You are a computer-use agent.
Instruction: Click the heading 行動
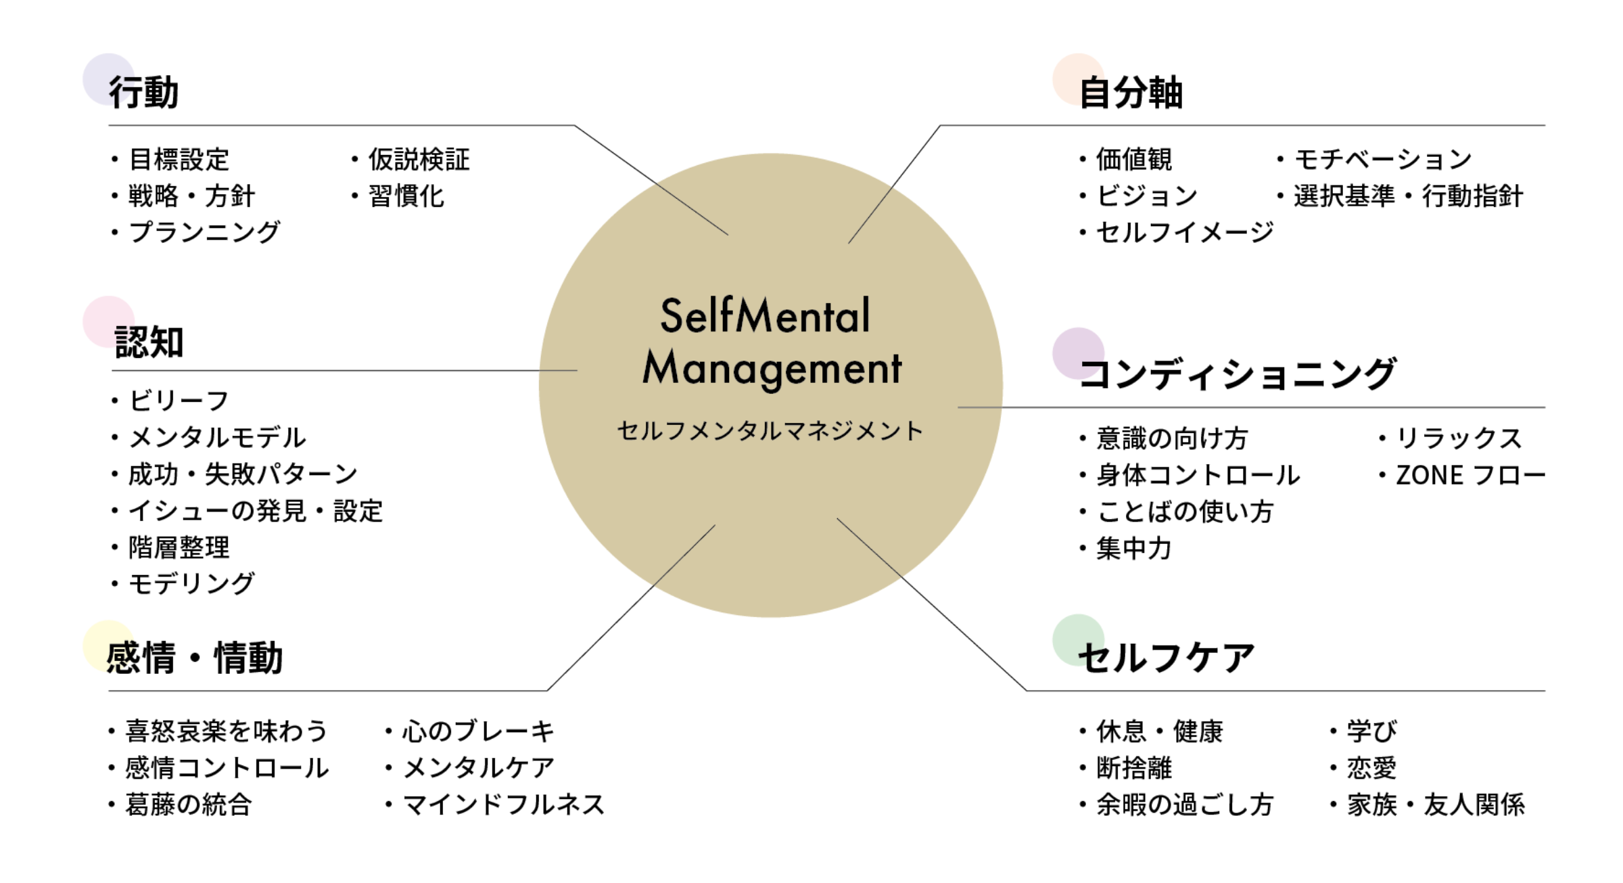(x=144, y=92)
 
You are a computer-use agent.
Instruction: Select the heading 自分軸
(x=1131, y=92)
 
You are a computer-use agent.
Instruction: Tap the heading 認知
(x=149, y=342)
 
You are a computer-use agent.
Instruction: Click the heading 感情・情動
(x=195, y=658)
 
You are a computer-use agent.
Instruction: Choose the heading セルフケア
(x=1167, y=658)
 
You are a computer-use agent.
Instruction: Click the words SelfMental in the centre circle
(x=765, y=316)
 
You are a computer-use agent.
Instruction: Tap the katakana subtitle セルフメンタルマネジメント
(x=770, y=431)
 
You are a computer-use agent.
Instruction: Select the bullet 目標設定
(x=179, y=160)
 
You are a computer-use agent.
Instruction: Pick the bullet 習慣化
(x=406, y=196)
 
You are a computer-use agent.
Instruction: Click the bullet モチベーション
(x=1383, y=160)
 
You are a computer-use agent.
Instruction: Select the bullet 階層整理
(x=179, y=547)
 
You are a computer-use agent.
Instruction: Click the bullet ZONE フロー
(x=1471, y=475)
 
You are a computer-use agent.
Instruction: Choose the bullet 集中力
(x=1134, y=548)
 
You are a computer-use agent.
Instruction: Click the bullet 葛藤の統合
(x=189, y=805)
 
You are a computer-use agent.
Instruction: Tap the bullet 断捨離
(x=1134, y=768)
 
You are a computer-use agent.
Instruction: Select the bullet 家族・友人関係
(x=1436, y=805)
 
